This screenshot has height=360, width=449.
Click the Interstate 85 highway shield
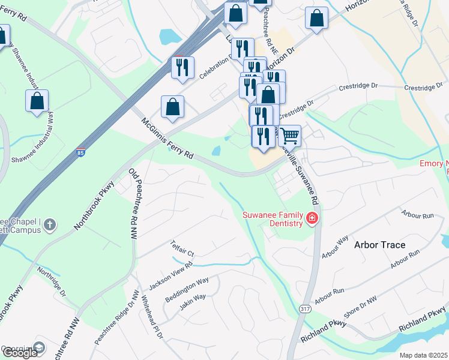click(80, 152)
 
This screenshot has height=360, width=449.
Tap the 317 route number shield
click(304, 308)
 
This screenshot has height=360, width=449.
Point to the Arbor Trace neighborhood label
click(379, 245)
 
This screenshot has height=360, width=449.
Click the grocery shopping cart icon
click(289, 136)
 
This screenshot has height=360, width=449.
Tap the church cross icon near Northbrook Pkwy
click(50, 224)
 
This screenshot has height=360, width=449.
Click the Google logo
click(20, 352)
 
